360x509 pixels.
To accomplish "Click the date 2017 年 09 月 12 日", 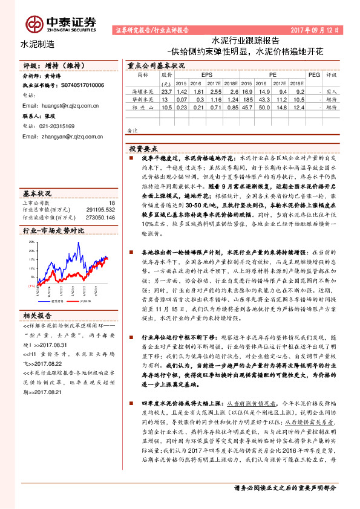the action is point(316,29).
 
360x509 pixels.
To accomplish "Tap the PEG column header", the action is point(314,74).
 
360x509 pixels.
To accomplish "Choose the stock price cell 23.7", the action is point(167,90).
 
